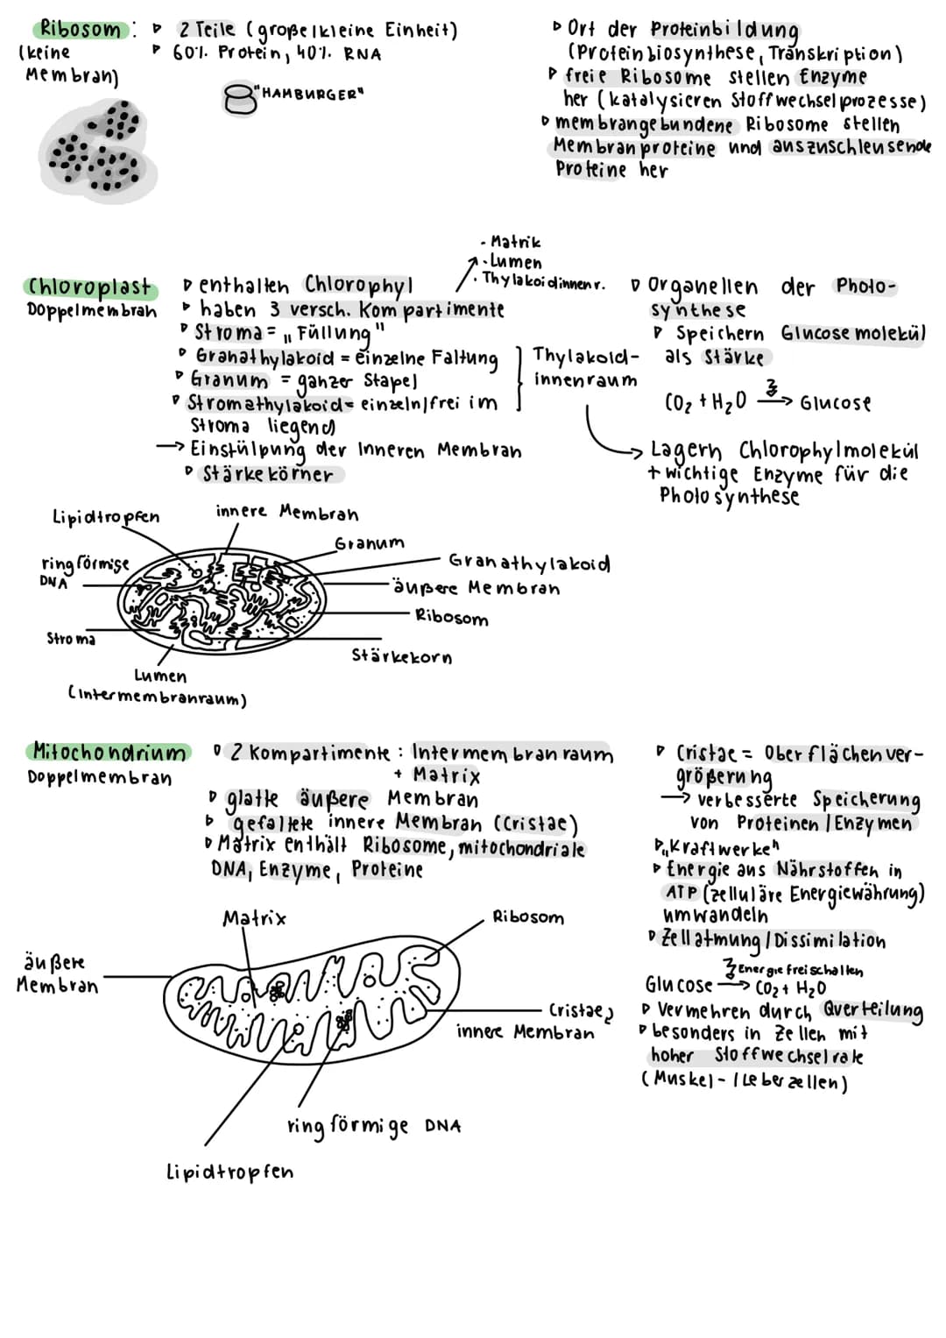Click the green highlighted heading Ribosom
[81, 29]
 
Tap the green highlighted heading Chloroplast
[89, 287]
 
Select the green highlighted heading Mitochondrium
[109, 753]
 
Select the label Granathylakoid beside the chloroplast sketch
[529, 563]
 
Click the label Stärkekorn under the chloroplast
[402, 656]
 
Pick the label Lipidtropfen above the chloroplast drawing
[106, 517]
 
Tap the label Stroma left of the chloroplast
[71, 639]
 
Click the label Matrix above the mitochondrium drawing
[254, 918]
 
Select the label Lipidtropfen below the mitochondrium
[229, 1172]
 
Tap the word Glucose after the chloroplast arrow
[836, 403]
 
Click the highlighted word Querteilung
[872, 1010]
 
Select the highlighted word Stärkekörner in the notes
[268, 475]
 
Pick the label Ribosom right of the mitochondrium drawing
[528, 917]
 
